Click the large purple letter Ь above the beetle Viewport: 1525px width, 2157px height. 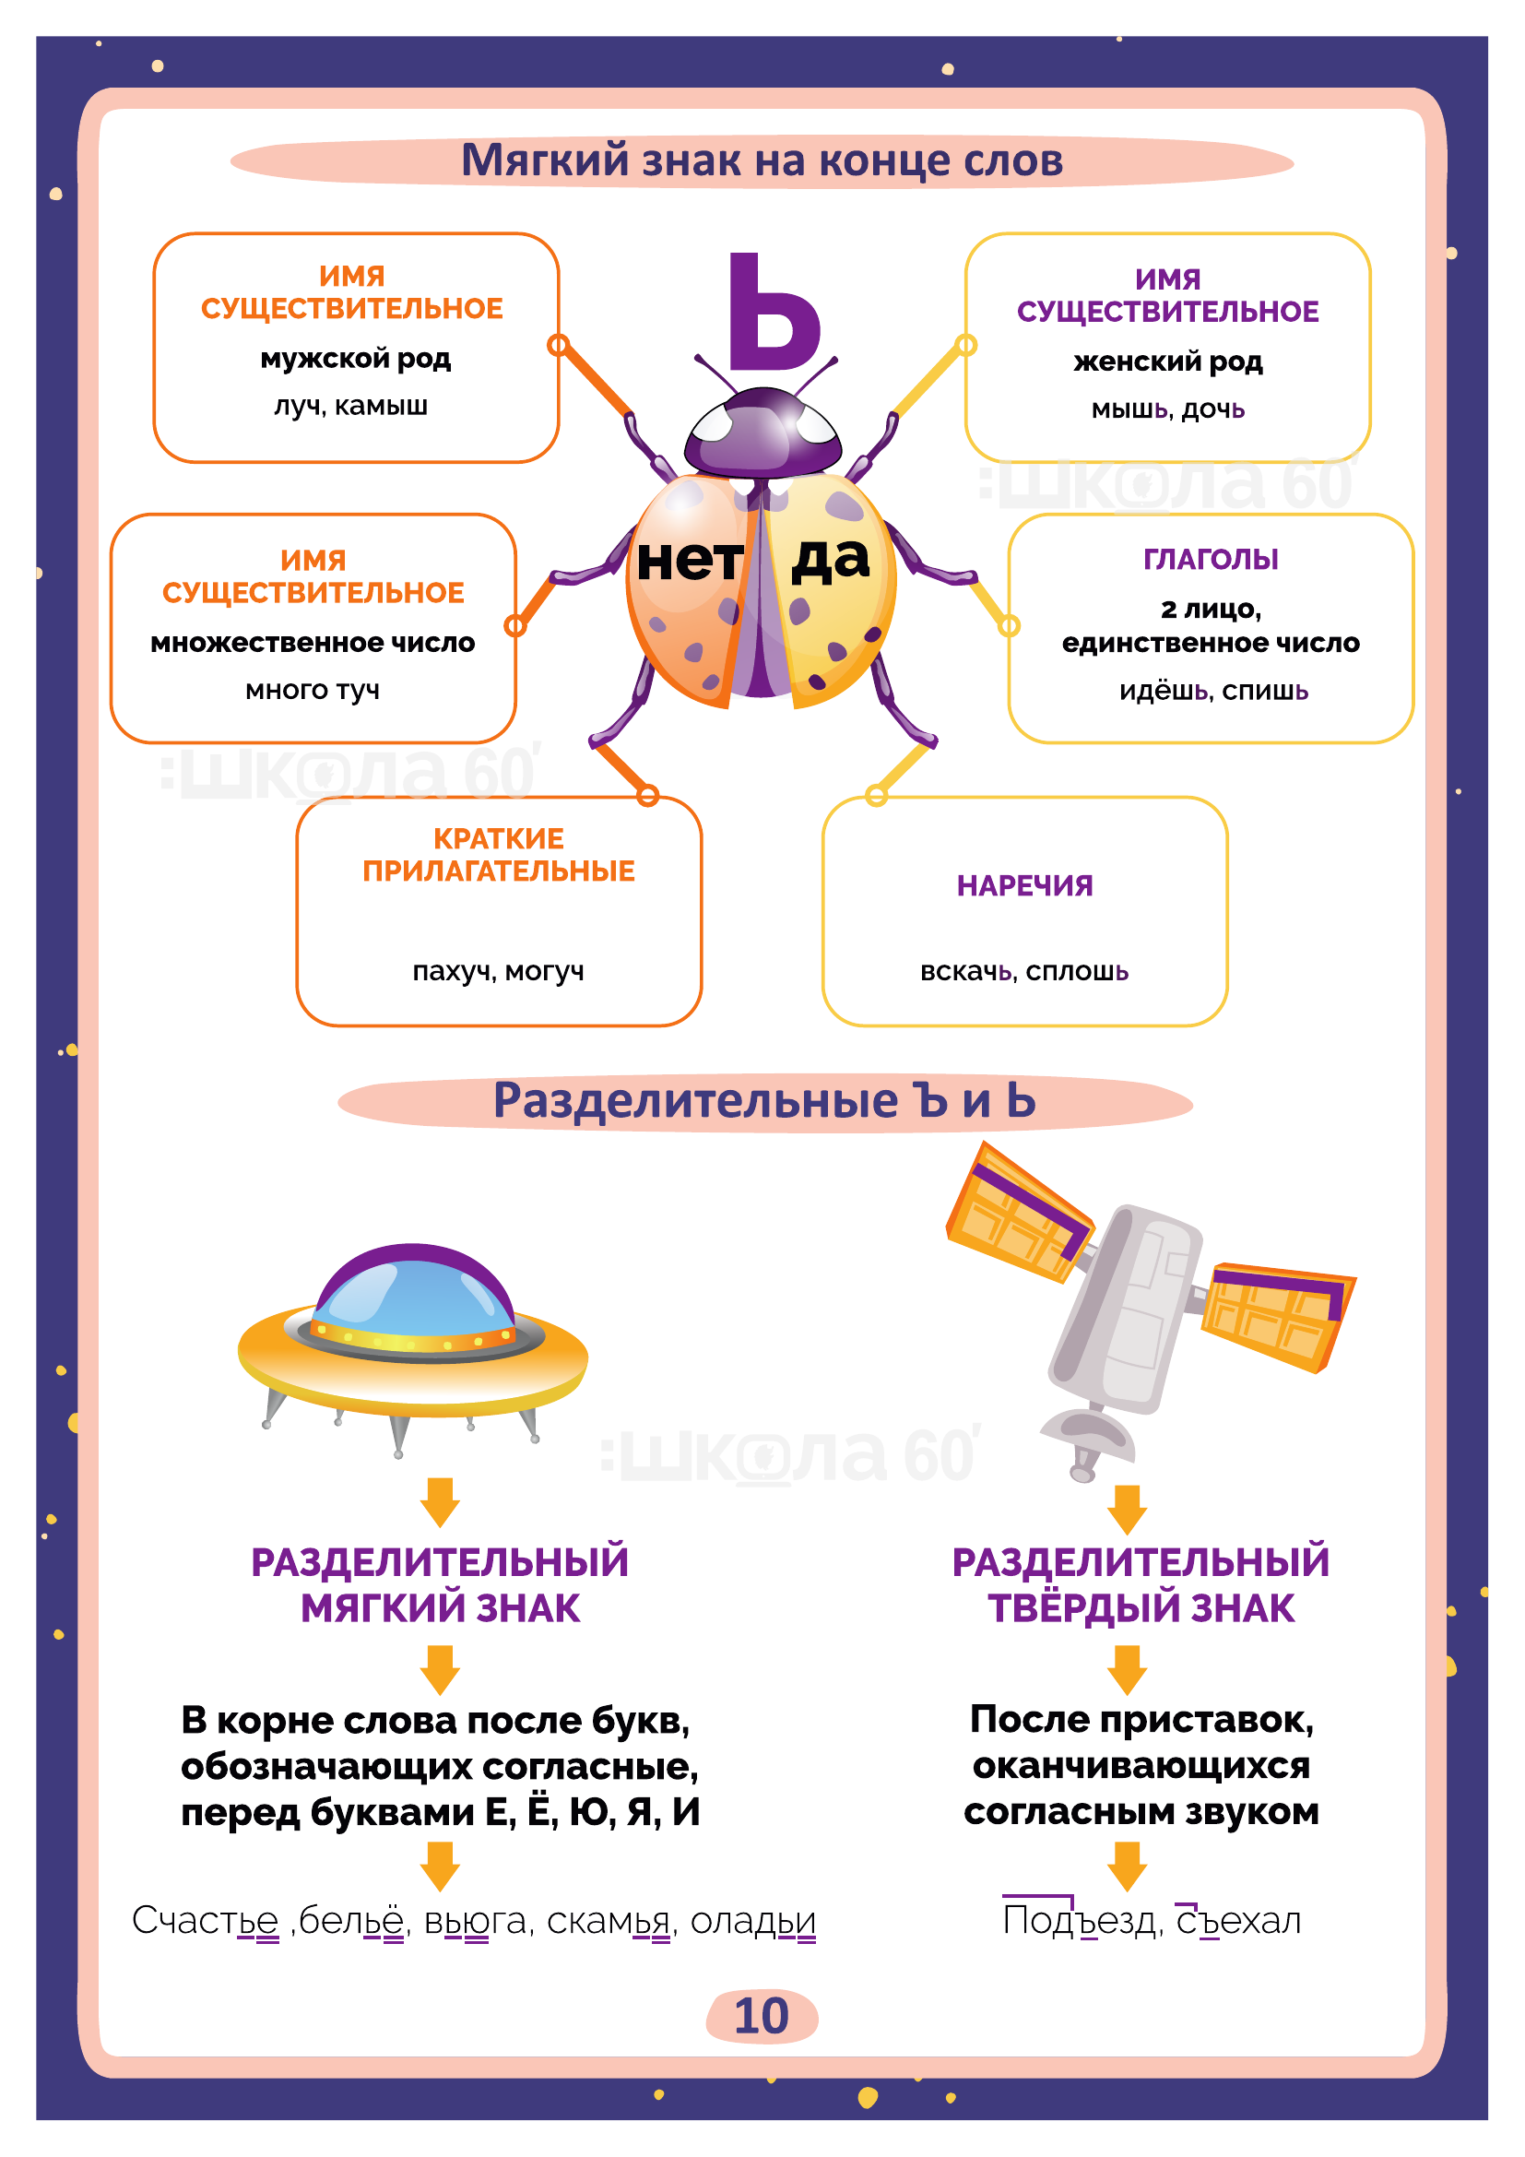click(x=774, y=312)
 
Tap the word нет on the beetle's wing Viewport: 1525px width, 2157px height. click(x=691, y=561)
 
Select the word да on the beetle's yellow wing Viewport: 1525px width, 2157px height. click(x=830, y=559)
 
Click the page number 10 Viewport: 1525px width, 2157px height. click(x=762, y=2015)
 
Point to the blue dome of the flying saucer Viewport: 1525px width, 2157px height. click(x=413, y=1295)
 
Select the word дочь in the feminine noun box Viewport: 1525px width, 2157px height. click(x=1213, y=409)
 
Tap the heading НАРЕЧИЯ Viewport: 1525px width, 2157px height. click(x=1024, y=885)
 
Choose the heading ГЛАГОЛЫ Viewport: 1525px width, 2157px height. click(x=1211, y=559)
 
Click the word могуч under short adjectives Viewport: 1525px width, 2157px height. click(x=545, y=970)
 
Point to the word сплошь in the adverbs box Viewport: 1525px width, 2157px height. click(x=1077, y=970)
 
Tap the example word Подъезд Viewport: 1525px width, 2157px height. click(x=1078, y=1920)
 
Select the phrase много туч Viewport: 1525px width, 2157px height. click(x=313, y=690)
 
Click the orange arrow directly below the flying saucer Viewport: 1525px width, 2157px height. click(x=440, y=1501)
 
